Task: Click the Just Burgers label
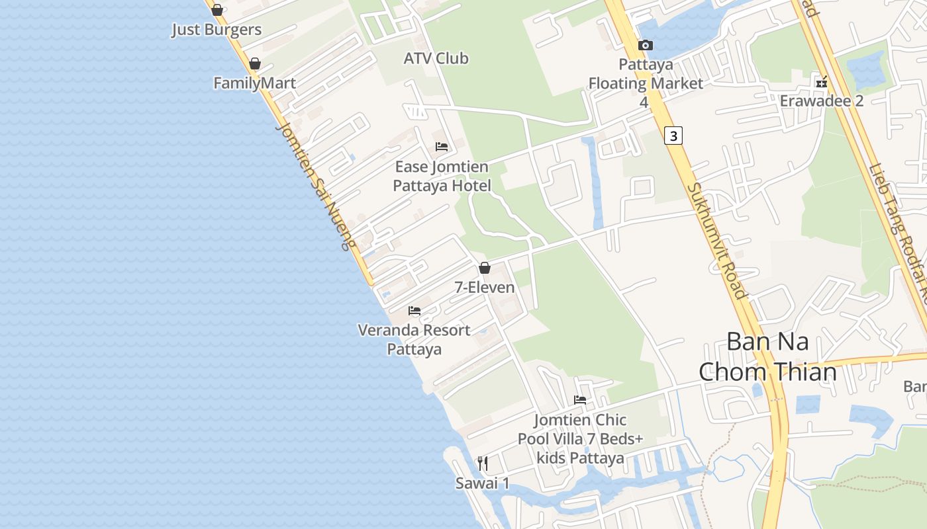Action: (217, 30)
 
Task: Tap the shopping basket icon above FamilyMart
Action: (254, 63)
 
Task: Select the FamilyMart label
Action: (254, 83)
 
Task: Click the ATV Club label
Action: (436, 58)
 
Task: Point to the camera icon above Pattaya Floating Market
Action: (645, 45)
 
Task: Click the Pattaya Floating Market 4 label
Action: (646, 83)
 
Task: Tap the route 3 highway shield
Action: (673, 136)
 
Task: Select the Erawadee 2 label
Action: (822, 101)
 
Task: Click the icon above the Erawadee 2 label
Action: (822, 83)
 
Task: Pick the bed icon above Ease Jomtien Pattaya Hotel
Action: (442, 146)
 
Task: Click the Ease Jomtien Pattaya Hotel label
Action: (442, 176)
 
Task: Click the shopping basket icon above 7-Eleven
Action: (485, 268)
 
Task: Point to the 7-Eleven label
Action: (485, 287)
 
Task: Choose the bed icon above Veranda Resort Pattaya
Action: (415, 310)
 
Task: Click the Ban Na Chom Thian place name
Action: (768, 357)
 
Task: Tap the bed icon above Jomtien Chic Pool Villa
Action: (580, 400)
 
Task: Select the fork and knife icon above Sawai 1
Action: (483, 464)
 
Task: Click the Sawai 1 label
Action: (483, 483)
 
